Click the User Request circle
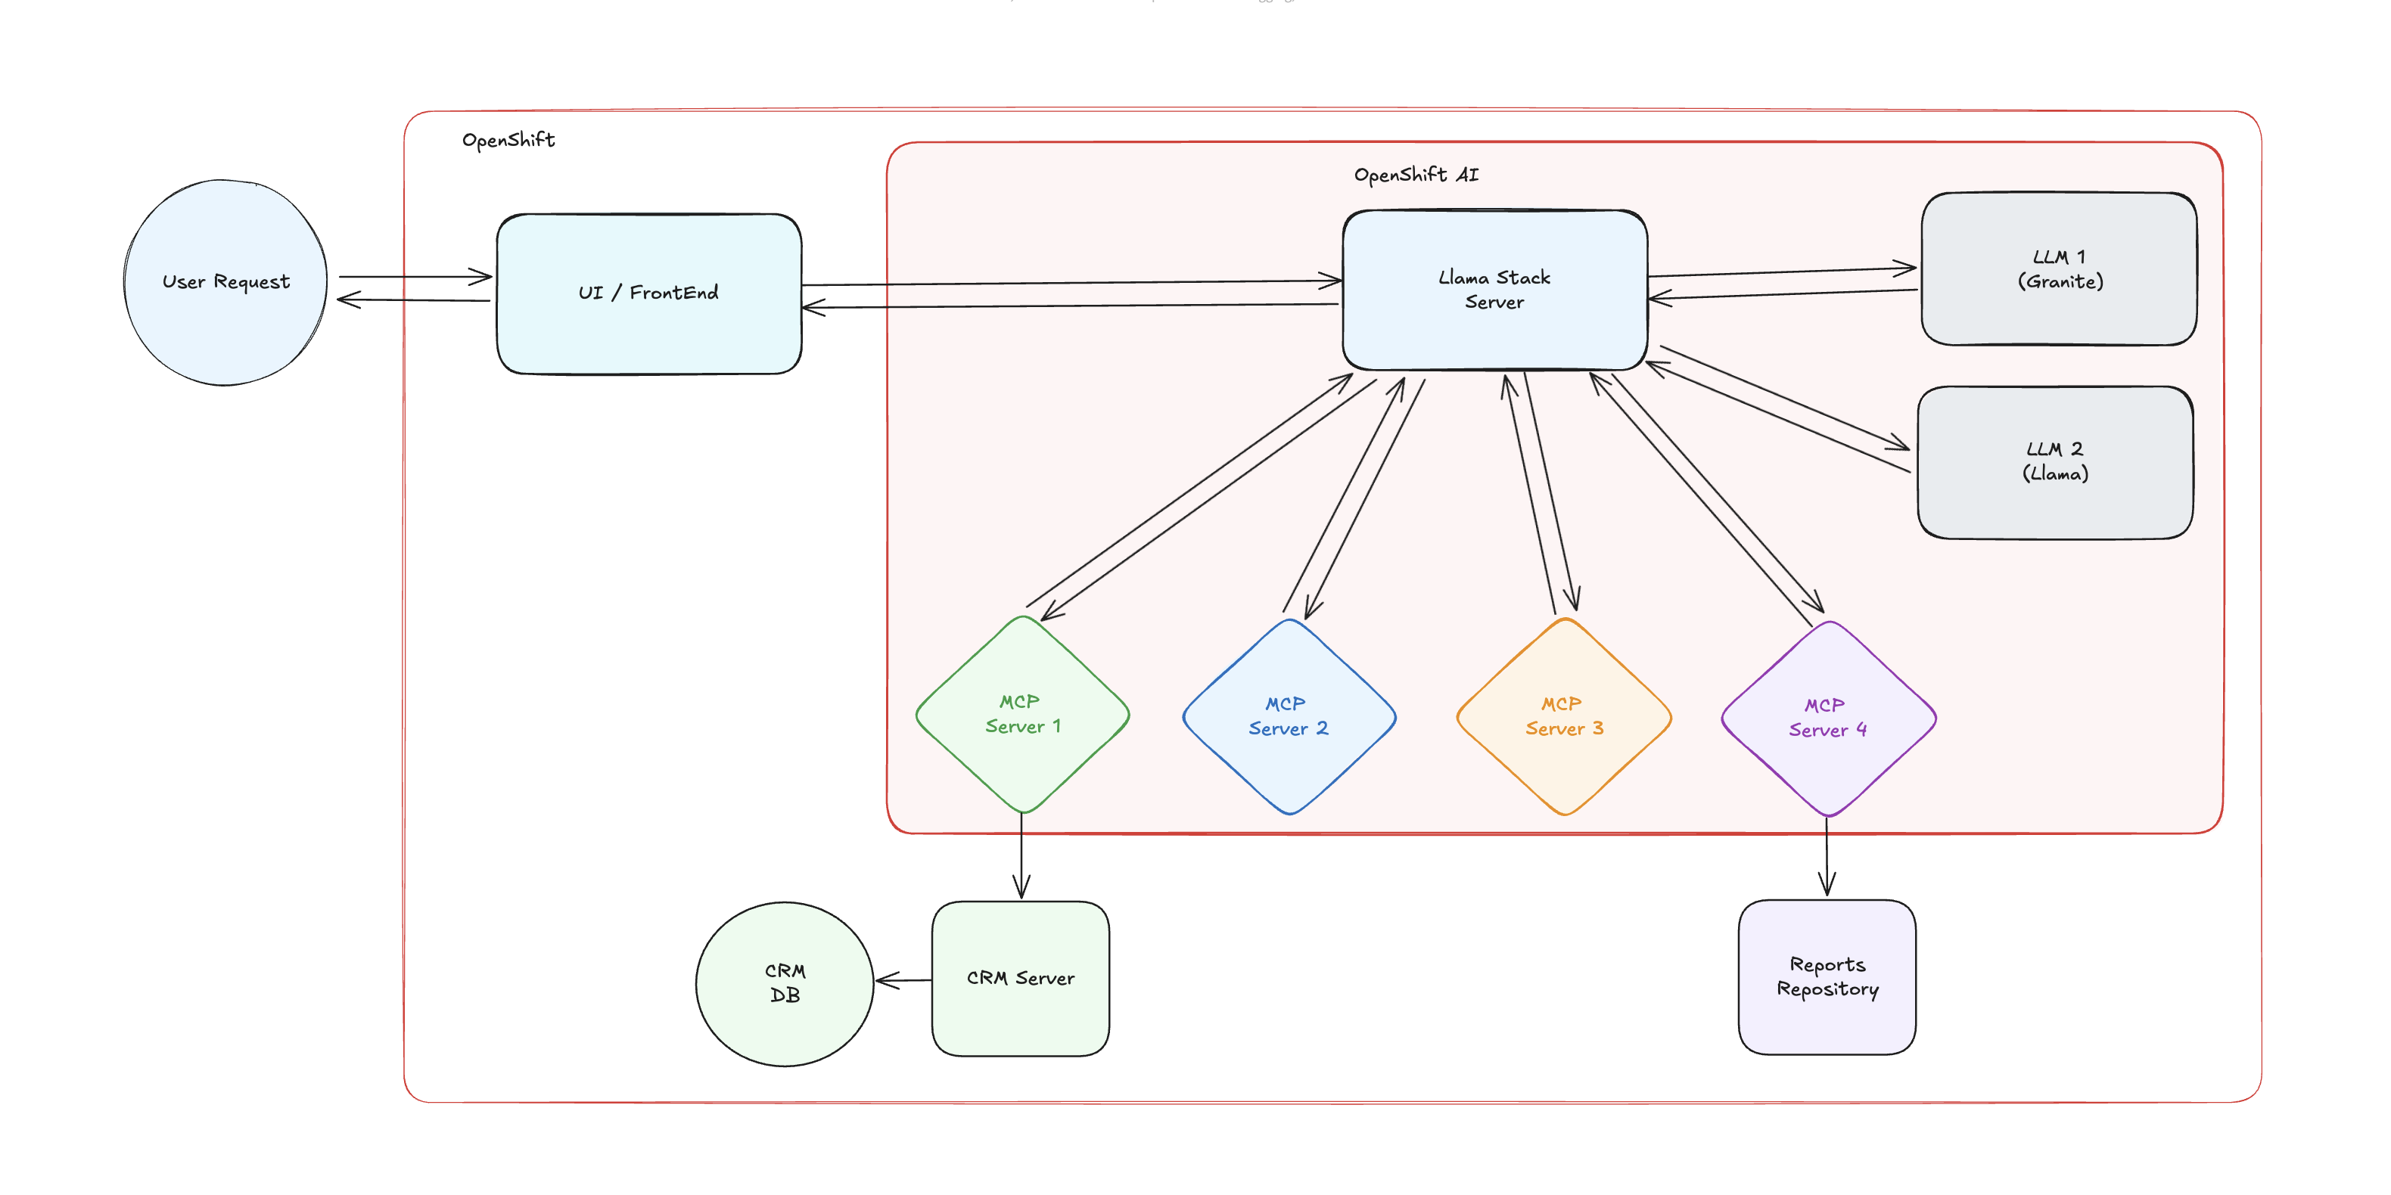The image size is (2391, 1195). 225,282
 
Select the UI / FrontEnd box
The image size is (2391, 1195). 648,293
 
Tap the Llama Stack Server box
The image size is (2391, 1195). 1494,290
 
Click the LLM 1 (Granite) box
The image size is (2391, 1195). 2059,269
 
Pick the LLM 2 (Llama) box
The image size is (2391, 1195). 2055,462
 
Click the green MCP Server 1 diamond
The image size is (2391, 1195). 1022,715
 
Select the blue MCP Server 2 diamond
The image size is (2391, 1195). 1289,716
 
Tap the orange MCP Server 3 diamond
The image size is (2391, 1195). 1564,716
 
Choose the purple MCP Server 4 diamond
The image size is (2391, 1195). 1827,718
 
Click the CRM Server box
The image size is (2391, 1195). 1020,978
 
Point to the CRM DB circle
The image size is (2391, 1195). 785,982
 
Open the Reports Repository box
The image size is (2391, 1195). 1827,977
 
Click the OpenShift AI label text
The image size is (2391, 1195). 1416,175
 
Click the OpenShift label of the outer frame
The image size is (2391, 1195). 508,140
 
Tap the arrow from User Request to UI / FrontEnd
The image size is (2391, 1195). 415,277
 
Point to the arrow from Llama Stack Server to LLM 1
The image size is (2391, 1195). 1782,272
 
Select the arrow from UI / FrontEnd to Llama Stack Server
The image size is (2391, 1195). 1068,282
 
